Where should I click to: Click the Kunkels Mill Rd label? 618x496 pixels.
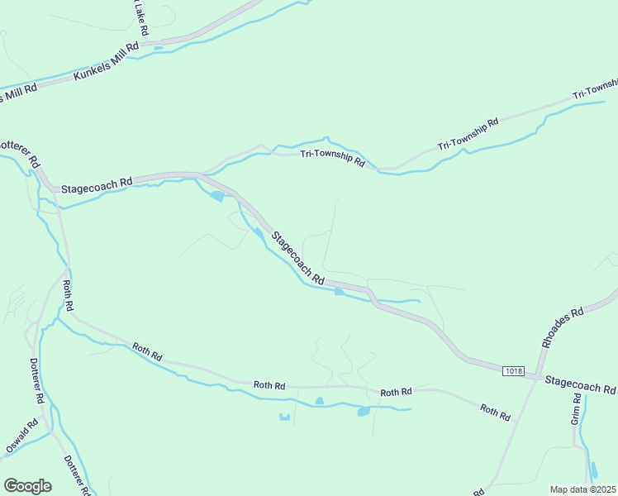106,63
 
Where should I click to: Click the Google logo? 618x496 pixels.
27,486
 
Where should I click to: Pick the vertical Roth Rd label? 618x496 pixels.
69,296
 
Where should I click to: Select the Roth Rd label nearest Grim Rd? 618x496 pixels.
495,411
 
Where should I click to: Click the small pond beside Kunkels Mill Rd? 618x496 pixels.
158,47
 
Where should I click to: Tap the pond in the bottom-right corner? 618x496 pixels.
593,470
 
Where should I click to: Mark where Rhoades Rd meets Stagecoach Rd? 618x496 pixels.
541,378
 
